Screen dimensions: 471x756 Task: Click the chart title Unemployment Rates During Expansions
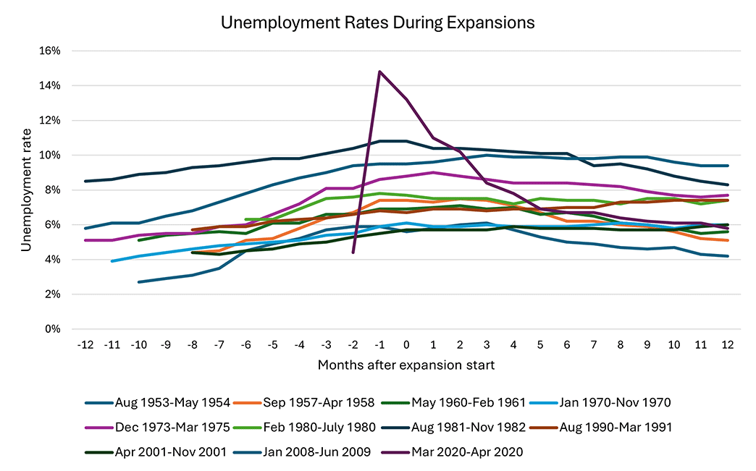(x=377, y=23)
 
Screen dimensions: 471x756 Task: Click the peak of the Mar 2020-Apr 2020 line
(x=379, y=72)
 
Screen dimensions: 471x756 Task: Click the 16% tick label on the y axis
(x=50, y=51)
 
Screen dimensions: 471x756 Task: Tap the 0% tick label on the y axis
(x=53, y=329)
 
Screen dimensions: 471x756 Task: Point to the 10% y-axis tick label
(x=50, y=156)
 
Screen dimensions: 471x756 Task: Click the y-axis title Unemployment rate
(x=26, y=190)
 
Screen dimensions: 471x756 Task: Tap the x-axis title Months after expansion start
(x=406, y=365)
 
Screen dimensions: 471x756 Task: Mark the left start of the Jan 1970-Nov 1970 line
(x=112, y=261)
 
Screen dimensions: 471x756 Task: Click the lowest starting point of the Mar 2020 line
(x=353, y=252)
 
